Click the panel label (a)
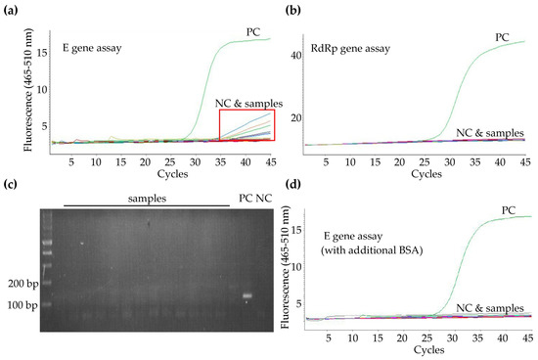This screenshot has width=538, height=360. (x=11, y=9)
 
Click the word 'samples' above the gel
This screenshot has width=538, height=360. (x=147, y=199)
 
